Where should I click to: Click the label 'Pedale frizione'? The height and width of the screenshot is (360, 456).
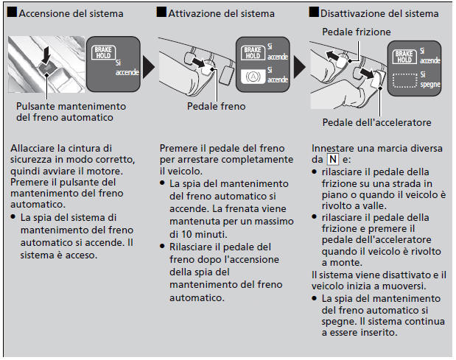click(356, 32)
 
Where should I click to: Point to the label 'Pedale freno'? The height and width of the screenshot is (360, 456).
click(216, 106)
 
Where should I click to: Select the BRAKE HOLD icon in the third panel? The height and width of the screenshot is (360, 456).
click(404, 57)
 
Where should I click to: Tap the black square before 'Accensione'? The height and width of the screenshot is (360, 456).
click(13, 13)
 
